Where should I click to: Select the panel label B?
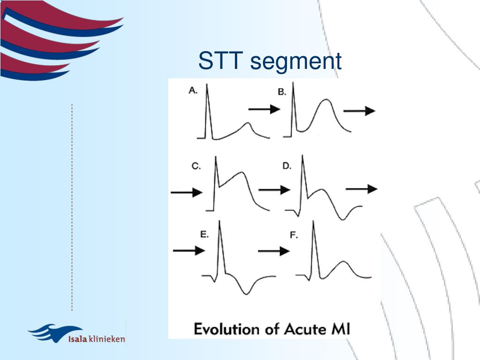pos(282,92)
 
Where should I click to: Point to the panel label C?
pos(196,166)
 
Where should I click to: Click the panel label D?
pos(287,165)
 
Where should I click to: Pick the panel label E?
pos(204,234)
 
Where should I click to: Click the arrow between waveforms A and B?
pos(264,109)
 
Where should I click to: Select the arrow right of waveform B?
pos(359,111)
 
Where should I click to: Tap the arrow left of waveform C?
pos(186,192)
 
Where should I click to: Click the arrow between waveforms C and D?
pos(274,189)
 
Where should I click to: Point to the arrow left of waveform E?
pos(189,251)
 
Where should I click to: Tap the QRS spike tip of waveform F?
pos(313,221)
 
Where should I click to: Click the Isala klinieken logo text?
pos(97,338)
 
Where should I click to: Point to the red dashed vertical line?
pos(72,206)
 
